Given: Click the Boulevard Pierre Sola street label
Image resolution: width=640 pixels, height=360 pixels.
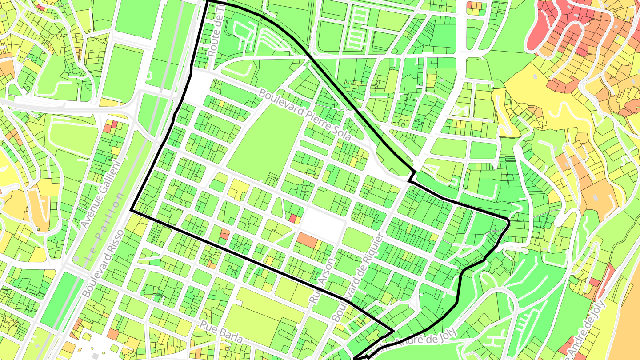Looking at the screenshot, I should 305,115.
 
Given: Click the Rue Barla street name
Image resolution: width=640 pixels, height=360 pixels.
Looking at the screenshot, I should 221,332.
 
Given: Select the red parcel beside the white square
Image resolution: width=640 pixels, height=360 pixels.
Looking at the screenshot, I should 293,218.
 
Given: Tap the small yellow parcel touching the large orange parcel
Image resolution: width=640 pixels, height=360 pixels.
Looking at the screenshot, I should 319,244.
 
